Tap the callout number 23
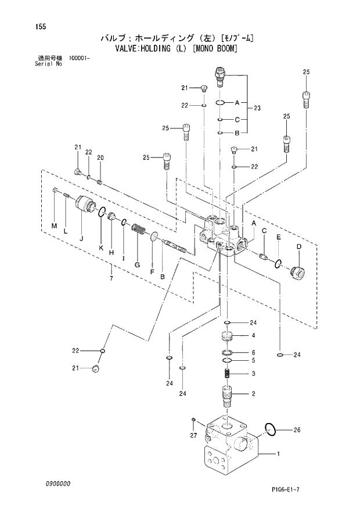point(257,108)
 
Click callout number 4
point(253,336)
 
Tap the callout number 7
point(110,279)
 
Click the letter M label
point(54,225)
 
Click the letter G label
point(137,265)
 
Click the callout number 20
point(100,157)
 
